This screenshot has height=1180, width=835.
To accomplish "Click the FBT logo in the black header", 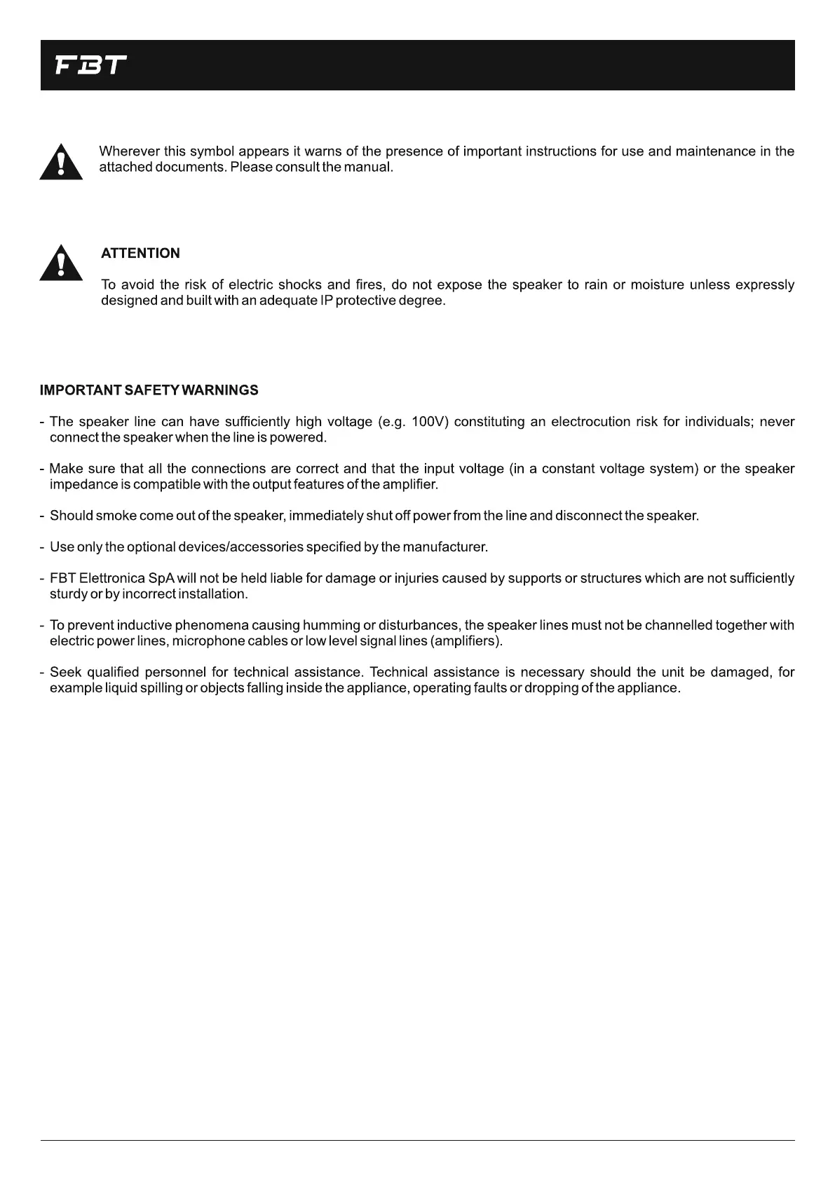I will [91, 66].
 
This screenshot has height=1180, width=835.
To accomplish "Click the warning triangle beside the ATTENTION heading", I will [61, 263].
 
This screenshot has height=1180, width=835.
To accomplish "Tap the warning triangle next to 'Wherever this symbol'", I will [61, 163].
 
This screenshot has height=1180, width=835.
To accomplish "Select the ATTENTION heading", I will [140, 254].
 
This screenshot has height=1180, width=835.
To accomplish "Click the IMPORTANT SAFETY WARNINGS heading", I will [149, 390].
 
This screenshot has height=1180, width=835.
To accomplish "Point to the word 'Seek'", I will [66, 673].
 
